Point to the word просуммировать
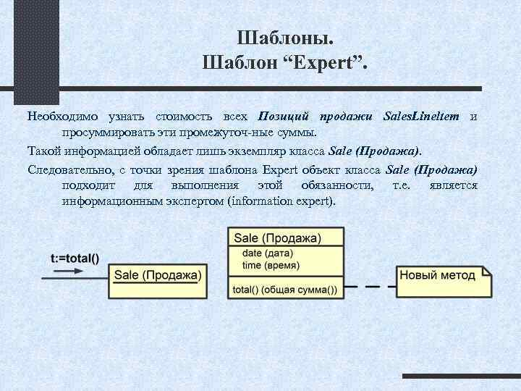[x=102, y=133]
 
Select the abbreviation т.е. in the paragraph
[x=402, y=186]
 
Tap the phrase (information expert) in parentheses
[x=281, y=201]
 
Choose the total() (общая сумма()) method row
[x=285, y=290]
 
